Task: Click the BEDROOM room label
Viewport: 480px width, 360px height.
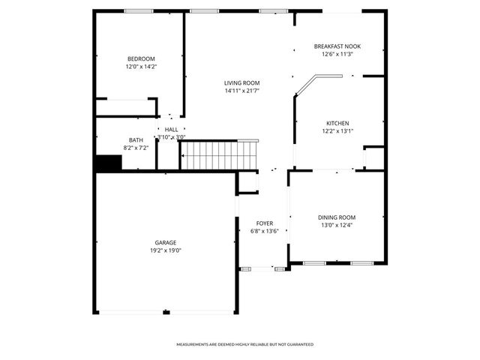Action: [141, 59]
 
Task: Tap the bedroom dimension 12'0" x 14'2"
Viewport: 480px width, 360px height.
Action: [141, 67]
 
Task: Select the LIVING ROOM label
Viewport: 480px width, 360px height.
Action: [241, 82]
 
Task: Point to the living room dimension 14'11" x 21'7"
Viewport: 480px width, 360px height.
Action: [241, 91]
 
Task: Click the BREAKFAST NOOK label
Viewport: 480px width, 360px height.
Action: [337, 46]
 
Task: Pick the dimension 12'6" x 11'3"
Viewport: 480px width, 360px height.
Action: [337, 54]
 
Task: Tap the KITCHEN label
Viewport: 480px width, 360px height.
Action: [337, 123]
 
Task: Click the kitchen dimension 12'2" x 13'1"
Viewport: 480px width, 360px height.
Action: [337, 130]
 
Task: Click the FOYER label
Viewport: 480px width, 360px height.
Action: [265, 223]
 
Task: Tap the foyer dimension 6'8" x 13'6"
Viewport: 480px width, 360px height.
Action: [265, 231]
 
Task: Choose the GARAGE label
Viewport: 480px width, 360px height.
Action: [166, 242]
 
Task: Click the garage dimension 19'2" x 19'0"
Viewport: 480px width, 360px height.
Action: [166, 250]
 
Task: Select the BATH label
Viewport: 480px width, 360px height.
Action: [136, 139]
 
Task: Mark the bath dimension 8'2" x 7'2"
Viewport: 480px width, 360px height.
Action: [136, 148]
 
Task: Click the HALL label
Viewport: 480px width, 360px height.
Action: [172, 130]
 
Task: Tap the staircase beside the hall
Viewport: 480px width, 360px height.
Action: [219, 155]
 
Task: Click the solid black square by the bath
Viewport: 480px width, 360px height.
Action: [109, 163]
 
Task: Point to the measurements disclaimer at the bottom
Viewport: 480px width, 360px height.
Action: [244, 344]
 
